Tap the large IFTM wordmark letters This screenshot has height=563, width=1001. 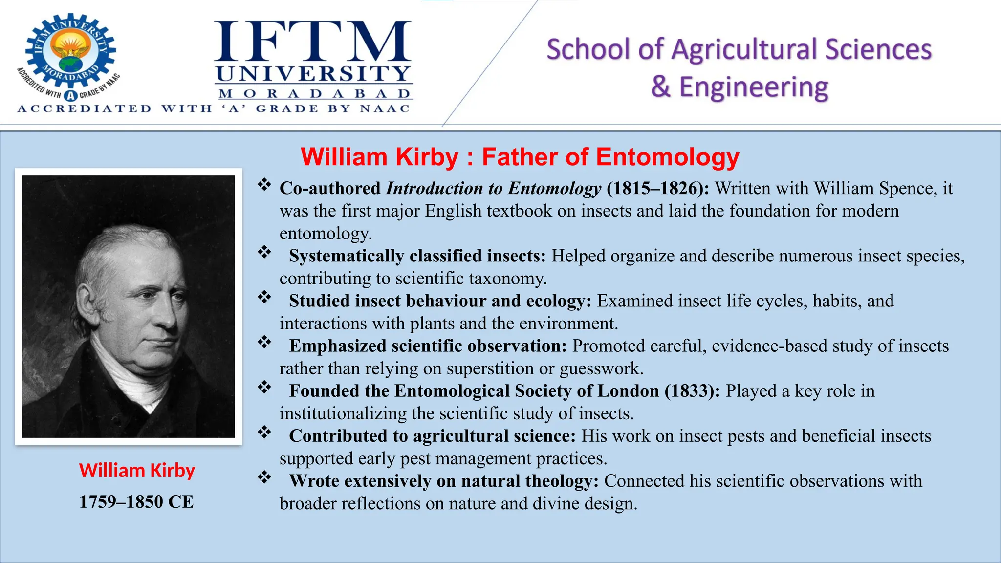[312, 41]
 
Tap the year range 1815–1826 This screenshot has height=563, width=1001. [655, 188]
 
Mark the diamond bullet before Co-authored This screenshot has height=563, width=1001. [264, 185]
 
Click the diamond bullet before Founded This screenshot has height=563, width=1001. [264, 387]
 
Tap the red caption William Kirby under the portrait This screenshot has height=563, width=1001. [137, 470]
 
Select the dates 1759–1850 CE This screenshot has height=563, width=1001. [136, 502]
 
